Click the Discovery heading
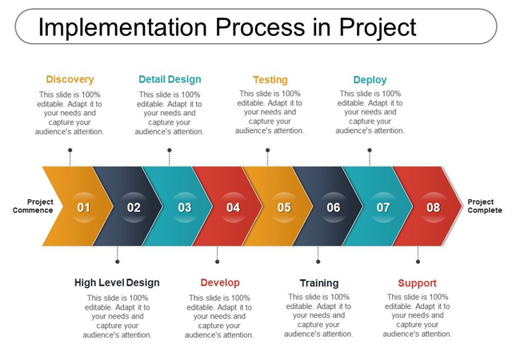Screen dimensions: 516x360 (70, 79)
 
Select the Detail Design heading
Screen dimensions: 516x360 (170, 79)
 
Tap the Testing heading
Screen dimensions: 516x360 (270, 80)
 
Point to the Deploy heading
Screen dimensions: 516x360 (370, 80)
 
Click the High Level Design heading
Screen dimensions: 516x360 (117, 282)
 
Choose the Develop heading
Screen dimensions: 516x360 (220, 282)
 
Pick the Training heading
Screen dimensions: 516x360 (319, 283)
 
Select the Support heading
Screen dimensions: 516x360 (418, 283)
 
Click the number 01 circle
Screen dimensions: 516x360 (83, 207)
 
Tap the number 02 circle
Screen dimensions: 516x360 (134, 207)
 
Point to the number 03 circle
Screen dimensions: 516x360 (185, 207)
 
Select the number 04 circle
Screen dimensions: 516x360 (233, 207)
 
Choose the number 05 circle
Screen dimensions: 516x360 (284, 207)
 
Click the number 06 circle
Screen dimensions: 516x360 (334, 207)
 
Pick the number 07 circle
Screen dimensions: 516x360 (383, 207)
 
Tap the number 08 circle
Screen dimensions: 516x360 (433, 207)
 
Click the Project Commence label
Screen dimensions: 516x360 (33, 206)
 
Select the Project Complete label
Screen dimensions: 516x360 (485, 206)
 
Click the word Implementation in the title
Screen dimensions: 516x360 (123, 27)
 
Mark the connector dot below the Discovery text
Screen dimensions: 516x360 (70, 150)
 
